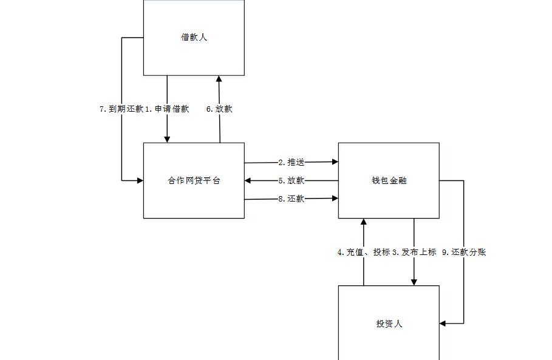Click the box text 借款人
[x=194, y=37]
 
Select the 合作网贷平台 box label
[x=194, y=180]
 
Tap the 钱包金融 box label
[x=389, y=180]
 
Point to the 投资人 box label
[x=389, y=324]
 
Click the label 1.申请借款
[x=167, y=109]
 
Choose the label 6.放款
[x=219, y=109]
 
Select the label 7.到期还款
[x=121, y=109]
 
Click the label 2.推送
[x=291, y=162]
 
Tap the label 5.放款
[x=291, y=180]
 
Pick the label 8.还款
[x=291, y=199]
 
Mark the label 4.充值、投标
[x=364, y=252]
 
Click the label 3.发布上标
[x=414, y=252]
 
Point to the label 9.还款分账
[x=464, y=252]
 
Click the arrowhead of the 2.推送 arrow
[x=335, y=162]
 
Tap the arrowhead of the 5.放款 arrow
[x=248, y=180]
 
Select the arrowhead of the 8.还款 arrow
[x=335, y=198]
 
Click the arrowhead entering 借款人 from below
[x=219, y=79]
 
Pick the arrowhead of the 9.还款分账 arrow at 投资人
[x=443, y=324]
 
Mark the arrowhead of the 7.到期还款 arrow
[x=140, y=180]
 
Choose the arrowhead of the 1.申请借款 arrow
[x=167, y=139]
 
